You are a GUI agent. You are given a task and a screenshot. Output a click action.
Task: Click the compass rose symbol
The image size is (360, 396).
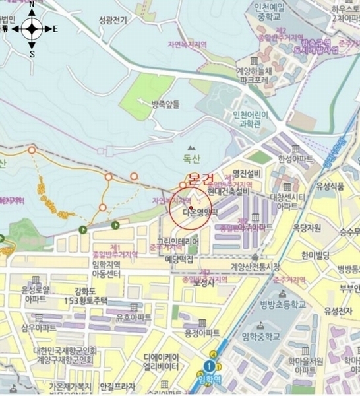click(32, 28)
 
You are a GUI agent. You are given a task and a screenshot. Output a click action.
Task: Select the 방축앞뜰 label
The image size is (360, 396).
click(165, 104)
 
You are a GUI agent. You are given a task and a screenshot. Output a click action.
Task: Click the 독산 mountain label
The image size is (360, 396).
click(191, 158)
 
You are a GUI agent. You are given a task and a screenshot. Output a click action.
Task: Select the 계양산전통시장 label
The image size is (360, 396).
click(255, 267)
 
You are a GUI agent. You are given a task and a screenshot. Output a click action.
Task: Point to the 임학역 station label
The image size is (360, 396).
click(210, 379)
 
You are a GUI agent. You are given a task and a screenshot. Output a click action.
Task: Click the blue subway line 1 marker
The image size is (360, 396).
click(210, 366)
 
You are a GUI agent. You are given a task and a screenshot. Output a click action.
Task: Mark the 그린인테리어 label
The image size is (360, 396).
click(177, 242)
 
